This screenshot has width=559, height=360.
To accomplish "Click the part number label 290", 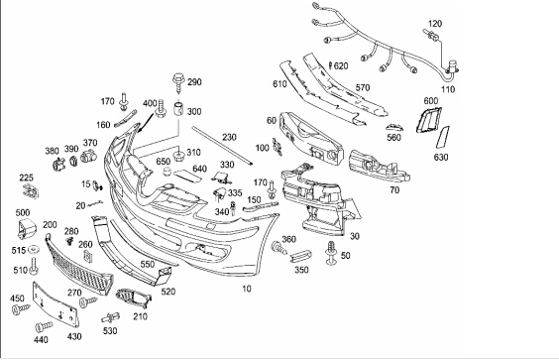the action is coord(194,82).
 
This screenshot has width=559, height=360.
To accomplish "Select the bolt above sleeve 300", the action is coord(177,82).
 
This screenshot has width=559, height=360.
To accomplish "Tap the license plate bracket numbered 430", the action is coord(56,304).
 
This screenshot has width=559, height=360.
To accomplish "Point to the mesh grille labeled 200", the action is coord(78,265).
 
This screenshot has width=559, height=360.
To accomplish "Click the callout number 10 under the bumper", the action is coord(247,289).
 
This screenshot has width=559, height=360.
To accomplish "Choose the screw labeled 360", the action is coord(279,248).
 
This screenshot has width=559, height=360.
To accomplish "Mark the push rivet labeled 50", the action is coord(332,253).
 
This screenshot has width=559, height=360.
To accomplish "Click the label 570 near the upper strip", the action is coord(363,87).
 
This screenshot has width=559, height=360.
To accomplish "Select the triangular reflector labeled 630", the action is coord(443,137).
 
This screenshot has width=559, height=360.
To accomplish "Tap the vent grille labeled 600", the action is coord(428,120).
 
